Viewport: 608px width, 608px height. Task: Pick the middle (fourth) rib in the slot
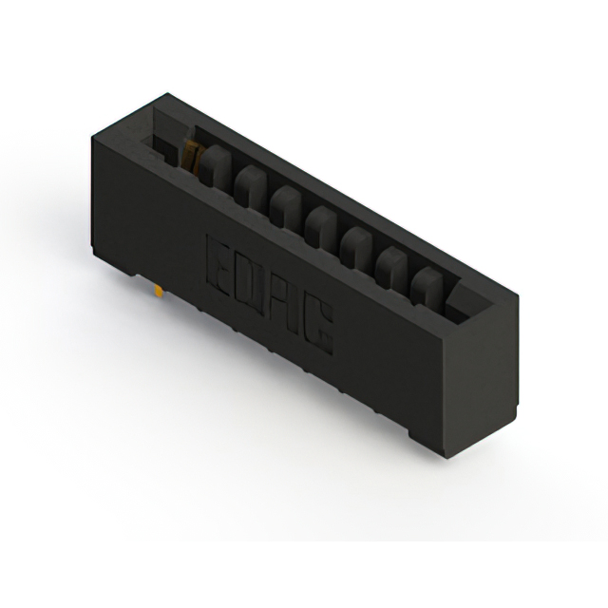click(319, 224)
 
